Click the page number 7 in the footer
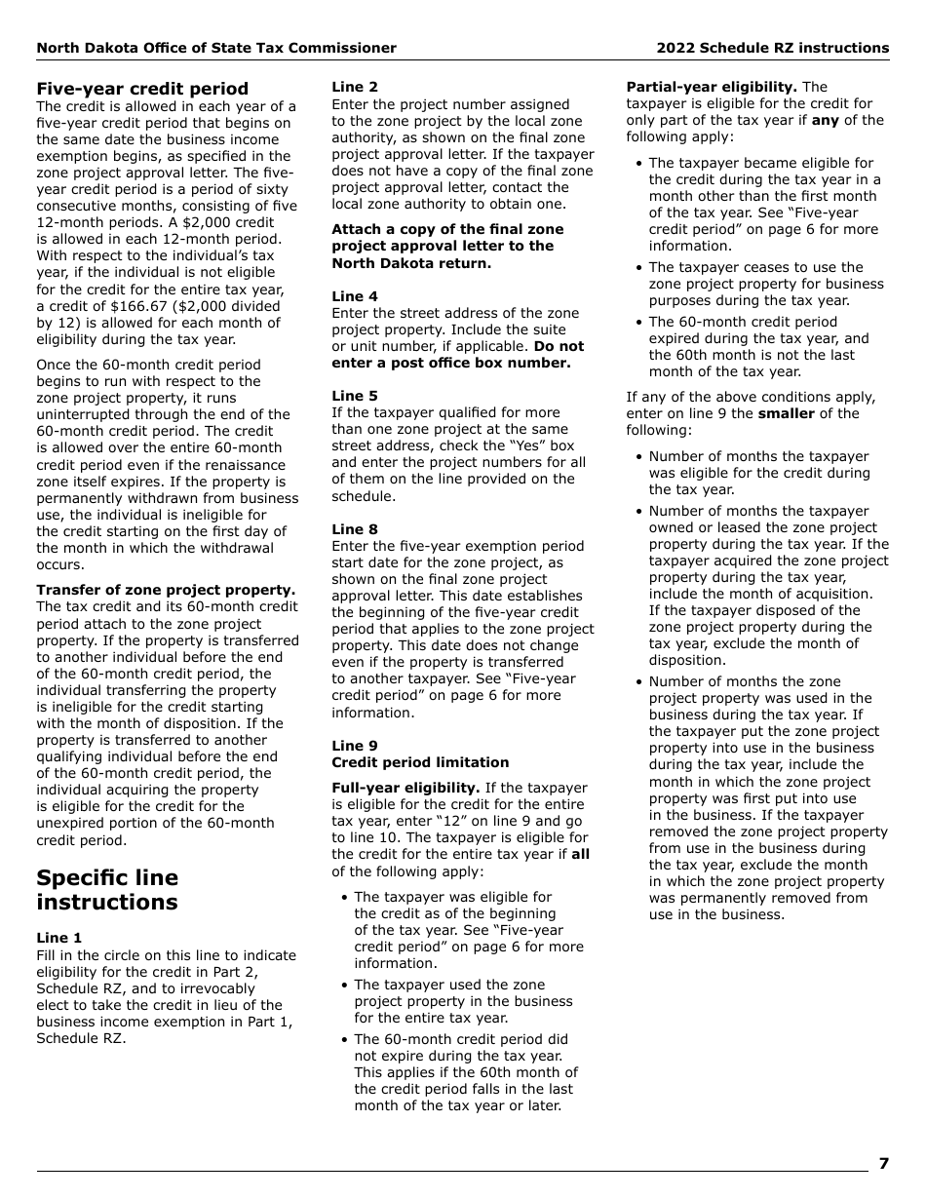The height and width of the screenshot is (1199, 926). click(x=883, y=1163)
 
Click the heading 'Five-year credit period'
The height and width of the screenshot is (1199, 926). click(x=142, y=89)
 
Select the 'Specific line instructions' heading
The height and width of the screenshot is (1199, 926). click(x=107, y=889)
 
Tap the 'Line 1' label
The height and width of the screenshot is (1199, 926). click(x=59, y=938)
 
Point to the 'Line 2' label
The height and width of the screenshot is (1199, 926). click(x=355, y=87)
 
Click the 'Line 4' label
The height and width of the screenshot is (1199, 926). click(x=355, y=296)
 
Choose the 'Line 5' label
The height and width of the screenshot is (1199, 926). click(x=355, y=396)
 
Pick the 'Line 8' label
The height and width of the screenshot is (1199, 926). click(x=355, y=529)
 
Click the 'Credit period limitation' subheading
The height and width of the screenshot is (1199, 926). click(x=420, y=762)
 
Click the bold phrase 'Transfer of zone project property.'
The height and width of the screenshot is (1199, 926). click(x=166, y=590)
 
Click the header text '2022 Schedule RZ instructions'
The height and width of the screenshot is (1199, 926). click(x=772, y=48)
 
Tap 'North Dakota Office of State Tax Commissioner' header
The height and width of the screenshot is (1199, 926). click(x=216, y=48)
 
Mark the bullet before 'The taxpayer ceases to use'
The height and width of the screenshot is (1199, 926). click(x=638, y=268)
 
